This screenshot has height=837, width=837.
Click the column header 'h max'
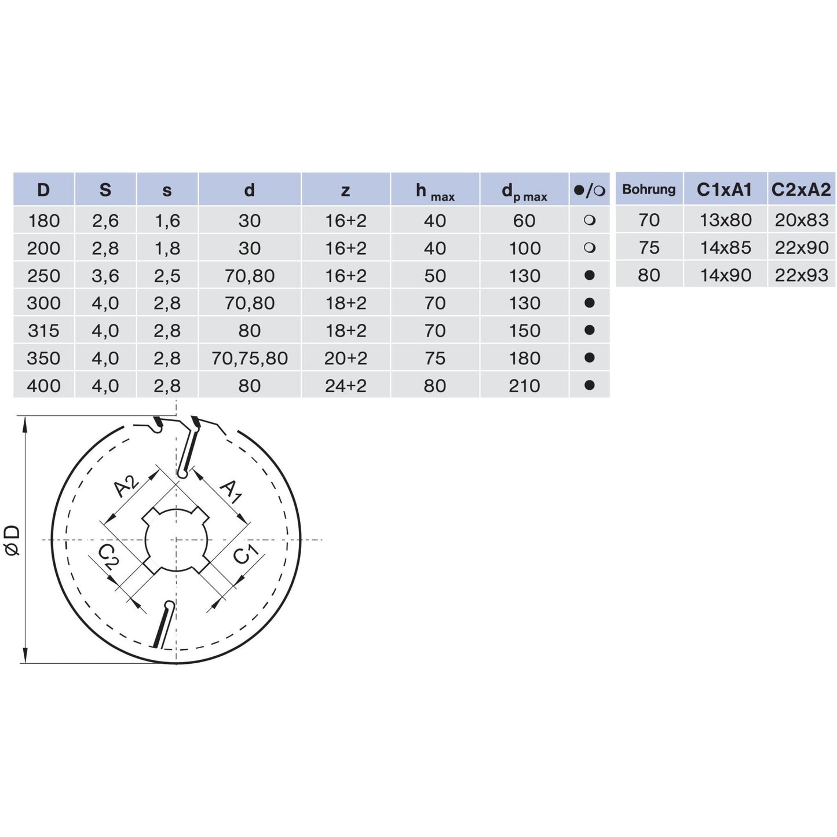435,192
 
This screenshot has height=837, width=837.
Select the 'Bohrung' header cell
649,189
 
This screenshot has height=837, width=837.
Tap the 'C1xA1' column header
724,189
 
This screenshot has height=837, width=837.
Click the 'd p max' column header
524,192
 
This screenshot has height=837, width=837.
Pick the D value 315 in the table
43,331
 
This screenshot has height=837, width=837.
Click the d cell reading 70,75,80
249,359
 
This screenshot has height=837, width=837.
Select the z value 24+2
346,386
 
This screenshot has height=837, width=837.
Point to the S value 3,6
105,276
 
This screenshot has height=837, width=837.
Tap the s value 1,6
167,221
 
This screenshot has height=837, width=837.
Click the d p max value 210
524,386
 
